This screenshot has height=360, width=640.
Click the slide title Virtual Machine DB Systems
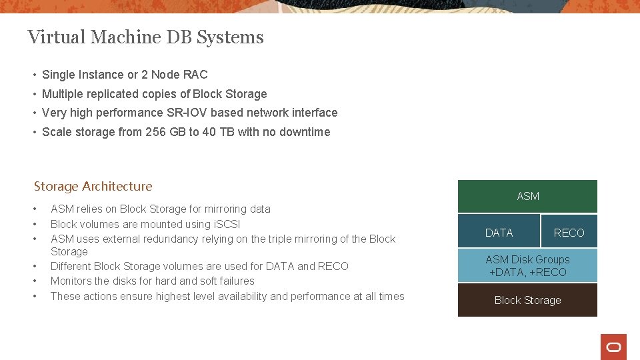pyautogui.click(x=145, y=37)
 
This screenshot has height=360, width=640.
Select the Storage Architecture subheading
pyautogui.click(x=93, y=186)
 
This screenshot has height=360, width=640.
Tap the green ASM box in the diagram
pyautogui.click(x=527, y=196)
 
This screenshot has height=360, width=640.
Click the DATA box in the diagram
pyautogui.click(x=499, y=232)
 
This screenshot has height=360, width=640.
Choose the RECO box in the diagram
pyautogui.click(x=569, y=232)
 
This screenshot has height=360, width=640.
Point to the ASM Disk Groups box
pyautogui.click(x=527, y=265)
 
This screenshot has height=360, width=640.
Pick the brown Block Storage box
pyautogui.click(x=527, y=300)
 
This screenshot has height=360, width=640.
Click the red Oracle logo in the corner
pyautogui.click(x=613, y=347)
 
